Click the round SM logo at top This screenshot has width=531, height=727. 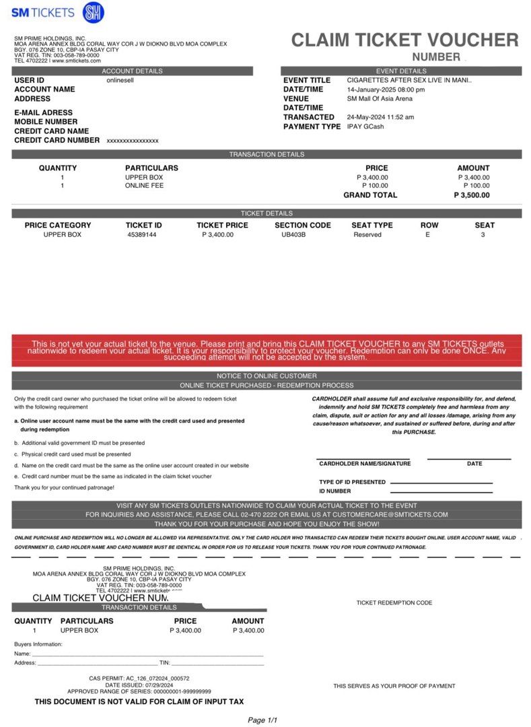[x=93, y=13]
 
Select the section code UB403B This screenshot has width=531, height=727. [x=293, y=235]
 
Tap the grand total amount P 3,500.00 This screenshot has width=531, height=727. [x=472, y=195]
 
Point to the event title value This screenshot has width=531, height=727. [x=409, y=80]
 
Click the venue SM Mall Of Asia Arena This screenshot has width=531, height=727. [x=380, y=98]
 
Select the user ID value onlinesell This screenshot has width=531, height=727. [x=122, y=80]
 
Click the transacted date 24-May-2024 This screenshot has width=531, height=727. [x=380, y=117]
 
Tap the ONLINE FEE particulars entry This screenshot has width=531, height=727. [x=144, y=186]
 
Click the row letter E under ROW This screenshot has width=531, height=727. [x=427, y=235]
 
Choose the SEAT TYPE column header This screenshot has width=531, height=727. [x=371, y=226]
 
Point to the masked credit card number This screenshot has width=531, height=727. [x=133, y=141]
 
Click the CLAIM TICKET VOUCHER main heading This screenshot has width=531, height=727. [x=404, y=40]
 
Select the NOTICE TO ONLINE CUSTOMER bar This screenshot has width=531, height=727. [x=267, y=376]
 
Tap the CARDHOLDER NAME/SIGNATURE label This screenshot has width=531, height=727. [x=365, y=464]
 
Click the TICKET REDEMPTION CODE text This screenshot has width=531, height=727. [x=394, y=603]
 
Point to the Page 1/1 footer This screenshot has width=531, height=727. [x=262, y=720]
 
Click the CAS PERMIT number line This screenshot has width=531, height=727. [x=139, y=679]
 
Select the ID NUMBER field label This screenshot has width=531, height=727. [x=334, y=491]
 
